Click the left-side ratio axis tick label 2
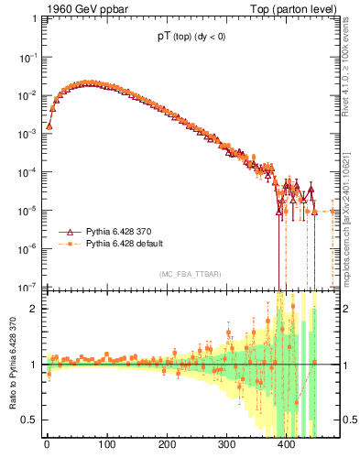click(x=35, y=309)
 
